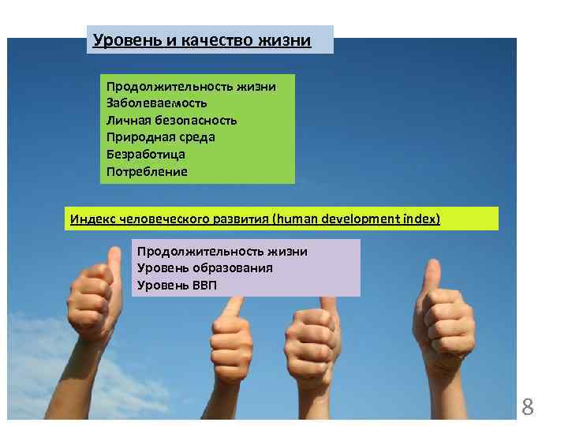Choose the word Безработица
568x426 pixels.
(146, 155)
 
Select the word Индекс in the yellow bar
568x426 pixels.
(92, 219)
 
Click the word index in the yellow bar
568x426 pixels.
(419, 219)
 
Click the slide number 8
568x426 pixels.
(528, 408)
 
